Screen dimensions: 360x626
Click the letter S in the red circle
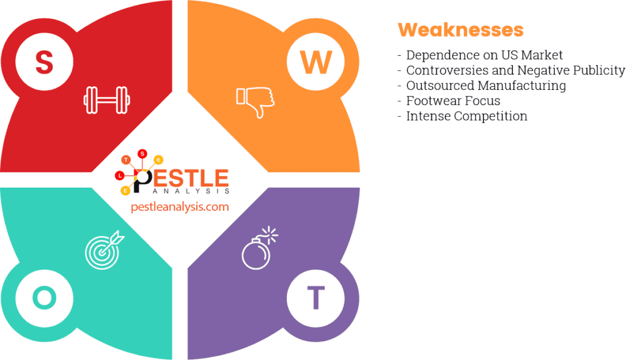(x=44, y=62)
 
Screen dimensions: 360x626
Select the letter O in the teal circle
(x=44, y=298)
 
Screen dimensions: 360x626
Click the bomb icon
(x=258, y=249)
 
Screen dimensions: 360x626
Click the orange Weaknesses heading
(x=460, y=29)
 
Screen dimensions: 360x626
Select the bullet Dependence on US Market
(x=484, y=56)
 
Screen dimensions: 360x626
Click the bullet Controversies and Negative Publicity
(x=515, y=70)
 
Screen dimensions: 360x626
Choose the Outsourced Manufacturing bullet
(x=485, y=86)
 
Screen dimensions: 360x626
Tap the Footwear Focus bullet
(x=452, y=101)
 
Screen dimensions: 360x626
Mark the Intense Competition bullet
(x=466, y=116)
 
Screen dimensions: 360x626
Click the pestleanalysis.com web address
(x=180, y=207)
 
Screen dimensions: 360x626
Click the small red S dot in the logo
(x=142, y=153)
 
